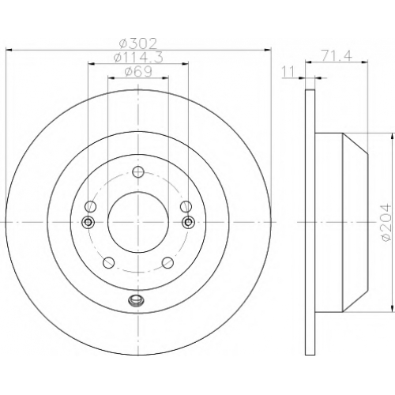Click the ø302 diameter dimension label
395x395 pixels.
(137, 43)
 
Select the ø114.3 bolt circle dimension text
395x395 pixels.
(138, 58)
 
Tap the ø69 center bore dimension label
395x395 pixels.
(138, 71)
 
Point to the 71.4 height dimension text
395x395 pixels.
(336, 56)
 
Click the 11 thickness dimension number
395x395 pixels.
(288, 72)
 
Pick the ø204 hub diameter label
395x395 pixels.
(385, 222)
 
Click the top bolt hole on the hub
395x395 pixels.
(138, 172)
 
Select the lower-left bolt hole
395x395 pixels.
(108, 262)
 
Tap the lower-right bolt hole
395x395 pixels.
(167, 262)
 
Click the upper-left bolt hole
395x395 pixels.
(90, 205)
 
